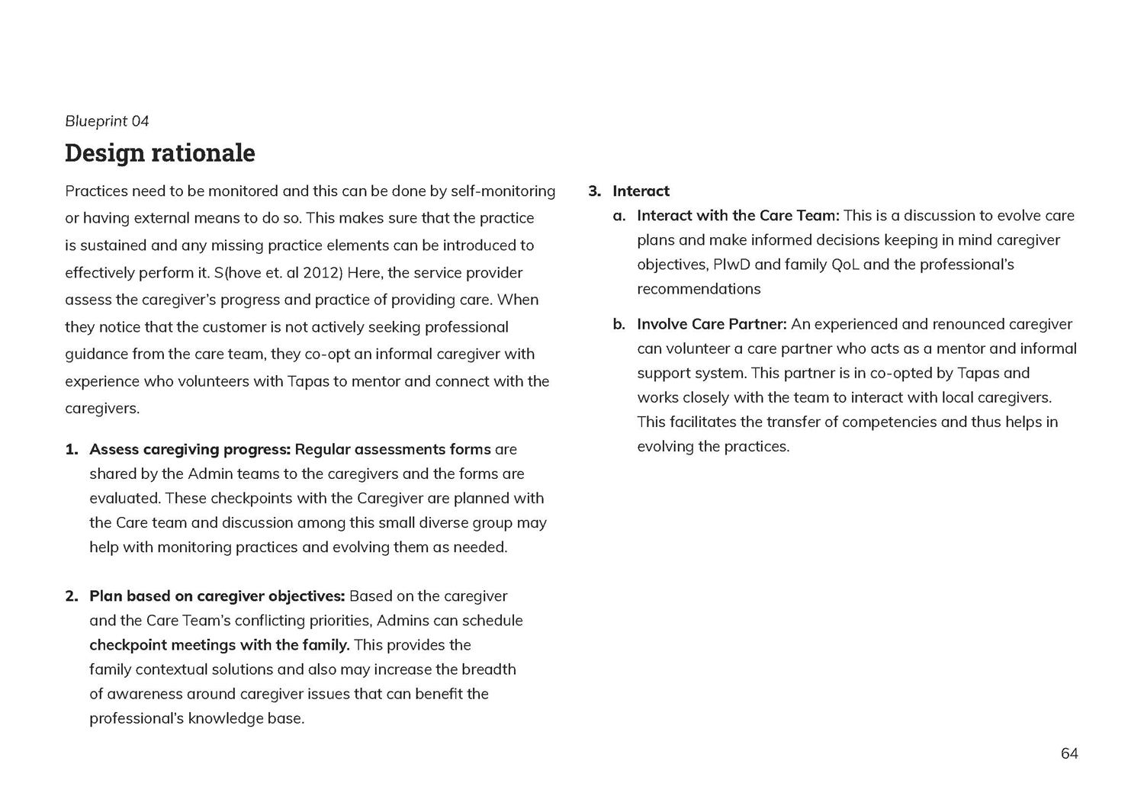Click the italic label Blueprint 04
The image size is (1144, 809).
click(107, 121)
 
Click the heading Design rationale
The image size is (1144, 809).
click(160, 152)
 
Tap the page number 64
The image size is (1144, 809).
click(1069, 753)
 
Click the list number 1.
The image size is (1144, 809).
click(72, 449)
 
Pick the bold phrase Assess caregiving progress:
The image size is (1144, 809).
click(190, 449)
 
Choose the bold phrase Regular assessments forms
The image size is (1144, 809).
click(393, 449)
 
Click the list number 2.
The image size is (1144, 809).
click(72, 596)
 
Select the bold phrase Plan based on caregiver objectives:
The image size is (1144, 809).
click(217, 596)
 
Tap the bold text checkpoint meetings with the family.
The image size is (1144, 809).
click(220, 645)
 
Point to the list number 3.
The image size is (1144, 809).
click(595, 191)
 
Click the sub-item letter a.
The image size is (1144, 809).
click(619, 216)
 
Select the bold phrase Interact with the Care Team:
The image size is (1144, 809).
click(738, 216)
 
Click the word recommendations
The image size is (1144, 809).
click(699, 289)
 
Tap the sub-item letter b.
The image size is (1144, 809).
click(619, 324)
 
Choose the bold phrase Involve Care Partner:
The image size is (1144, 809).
click(712, 324)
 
